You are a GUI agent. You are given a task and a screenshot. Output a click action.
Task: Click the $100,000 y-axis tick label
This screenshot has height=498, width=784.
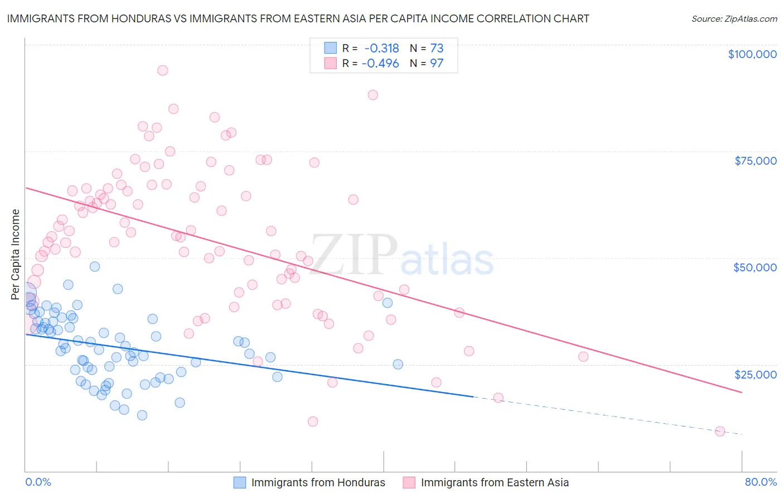pyautogui.click(x=752, y=54)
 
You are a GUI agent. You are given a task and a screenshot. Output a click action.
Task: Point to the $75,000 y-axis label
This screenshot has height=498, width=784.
pyautogui.click(x=755, y=161)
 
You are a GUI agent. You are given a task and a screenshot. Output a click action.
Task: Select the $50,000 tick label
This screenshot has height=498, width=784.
pyautogui.click(x=754, y=267)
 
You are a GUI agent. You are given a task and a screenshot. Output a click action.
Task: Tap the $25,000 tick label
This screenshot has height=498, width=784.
pyautogui.click(x=755, y=375)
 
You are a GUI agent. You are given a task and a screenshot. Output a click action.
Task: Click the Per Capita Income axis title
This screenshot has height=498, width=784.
pyautogui.click(x=15, y=255)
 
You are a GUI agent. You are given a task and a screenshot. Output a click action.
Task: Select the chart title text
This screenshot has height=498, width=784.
pyautogui.click(x=298, y=19)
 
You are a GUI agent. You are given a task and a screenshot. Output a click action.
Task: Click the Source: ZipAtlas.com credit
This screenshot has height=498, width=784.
pyautogui.click(x=734, y=19)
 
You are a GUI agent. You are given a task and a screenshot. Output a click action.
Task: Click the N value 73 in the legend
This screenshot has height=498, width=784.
pyautogui.click(x=437, y=49)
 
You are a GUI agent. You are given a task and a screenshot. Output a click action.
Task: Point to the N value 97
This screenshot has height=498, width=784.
pyautogui.click(x=437, y=64)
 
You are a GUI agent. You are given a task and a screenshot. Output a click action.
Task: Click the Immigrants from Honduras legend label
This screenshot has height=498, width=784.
pyautogui.click(x=318, y=483)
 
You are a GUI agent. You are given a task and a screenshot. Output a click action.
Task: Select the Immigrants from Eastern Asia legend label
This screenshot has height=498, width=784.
pyautogui.click(x=495, y=483)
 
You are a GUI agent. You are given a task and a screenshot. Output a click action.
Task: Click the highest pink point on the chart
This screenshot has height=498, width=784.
pyautogui.click(x=162, y=70)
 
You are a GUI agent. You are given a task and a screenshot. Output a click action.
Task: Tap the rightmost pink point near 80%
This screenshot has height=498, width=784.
pyautogui.click(x=719, y=431)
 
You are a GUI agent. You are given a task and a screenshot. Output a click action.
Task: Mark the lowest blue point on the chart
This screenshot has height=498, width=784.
pyautogui.click(x=142, y=415)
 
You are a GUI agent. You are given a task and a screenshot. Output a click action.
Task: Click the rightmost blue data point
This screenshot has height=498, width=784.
pyautogui.click(x=398, y=364)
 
